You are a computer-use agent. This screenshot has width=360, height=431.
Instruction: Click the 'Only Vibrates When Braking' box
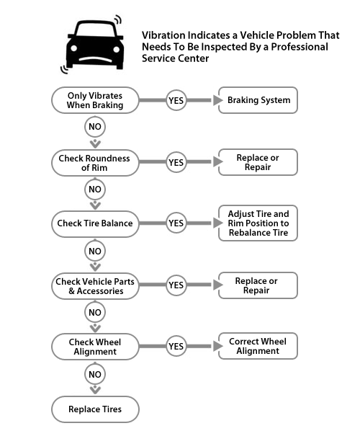coord(95,100)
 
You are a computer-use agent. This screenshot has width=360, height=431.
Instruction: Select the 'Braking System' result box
coord(258,100)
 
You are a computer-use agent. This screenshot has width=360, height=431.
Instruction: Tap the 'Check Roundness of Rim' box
coord(95,163)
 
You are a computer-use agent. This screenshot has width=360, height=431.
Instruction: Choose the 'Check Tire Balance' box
coord(95,223)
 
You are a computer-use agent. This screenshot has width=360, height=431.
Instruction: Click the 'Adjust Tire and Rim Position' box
coord(258,223)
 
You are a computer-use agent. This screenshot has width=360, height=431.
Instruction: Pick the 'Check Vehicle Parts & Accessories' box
coord(95,286)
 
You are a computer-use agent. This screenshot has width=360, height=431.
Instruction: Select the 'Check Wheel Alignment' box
coord(95,347)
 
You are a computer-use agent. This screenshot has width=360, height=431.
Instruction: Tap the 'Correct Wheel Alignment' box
coord(258,346)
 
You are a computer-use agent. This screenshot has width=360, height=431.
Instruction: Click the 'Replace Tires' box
coord(95,409)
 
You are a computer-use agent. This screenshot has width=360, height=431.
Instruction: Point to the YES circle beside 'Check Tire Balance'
coord(176,223)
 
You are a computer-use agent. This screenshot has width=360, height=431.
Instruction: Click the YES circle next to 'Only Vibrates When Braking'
coord(176,100)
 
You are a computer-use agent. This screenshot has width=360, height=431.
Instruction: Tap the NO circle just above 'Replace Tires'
coord(95,374)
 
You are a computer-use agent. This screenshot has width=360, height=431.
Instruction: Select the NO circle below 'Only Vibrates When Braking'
coord(95,126)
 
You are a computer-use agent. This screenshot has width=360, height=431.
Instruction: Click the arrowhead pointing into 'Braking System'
coord(217,100)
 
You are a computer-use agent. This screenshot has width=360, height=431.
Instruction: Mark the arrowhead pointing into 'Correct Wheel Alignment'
coord(217,346)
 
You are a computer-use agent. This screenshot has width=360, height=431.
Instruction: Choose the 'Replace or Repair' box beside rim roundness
coord(258,162)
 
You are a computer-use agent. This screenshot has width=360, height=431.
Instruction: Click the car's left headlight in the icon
coord(73,48)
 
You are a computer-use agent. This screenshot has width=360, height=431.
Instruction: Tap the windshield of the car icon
coord(95,30)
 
